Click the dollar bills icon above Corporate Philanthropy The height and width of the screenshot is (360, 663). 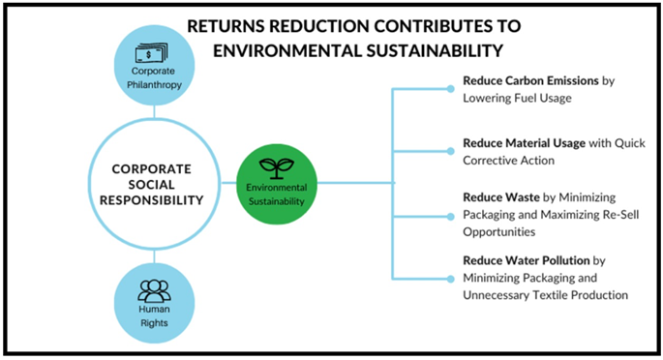pyautogui.click(x=151, y=53)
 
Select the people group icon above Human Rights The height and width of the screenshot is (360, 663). pyautogui.click(x=154, y=291)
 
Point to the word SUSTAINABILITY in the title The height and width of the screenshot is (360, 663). pyautogui.click(x=435, y=50)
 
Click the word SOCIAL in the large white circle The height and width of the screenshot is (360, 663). pyautogui.click(x=151, y=185)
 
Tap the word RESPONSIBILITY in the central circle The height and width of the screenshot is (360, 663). pyautogui.click(x=151, y=200)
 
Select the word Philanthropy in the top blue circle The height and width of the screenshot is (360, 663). pyautogui.click(x=154, y=85)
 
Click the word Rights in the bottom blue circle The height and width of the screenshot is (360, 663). pyautogui.click(x=154, y=323)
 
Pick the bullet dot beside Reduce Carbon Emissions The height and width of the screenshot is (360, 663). pyautogui.click(x=451, y=89)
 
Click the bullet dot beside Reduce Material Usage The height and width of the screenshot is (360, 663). pyautogui.click(x=451, y=151)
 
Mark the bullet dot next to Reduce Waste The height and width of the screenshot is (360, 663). pyautogui.click(x=451, y=217)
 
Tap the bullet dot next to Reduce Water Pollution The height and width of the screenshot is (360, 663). pyautogui.click(x=451, y=279)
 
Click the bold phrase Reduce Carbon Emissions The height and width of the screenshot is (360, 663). pyautogui.click(x=530, y=80)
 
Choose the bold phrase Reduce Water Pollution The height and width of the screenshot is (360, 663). pyautogui.click(x=526, y=260)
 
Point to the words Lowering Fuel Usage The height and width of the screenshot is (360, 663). pyautogui.click(x=517, y=98)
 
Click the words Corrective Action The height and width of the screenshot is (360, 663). pyautogui.click(x=508, y=161)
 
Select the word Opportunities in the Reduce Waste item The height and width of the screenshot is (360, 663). pyautogui.click(x=498, y=232)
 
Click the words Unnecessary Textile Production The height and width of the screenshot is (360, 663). pyautogui.click(x=545, y=295)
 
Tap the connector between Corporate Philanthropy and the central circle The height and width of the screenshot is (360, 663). pyautogui.click(x=154, y=111)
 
